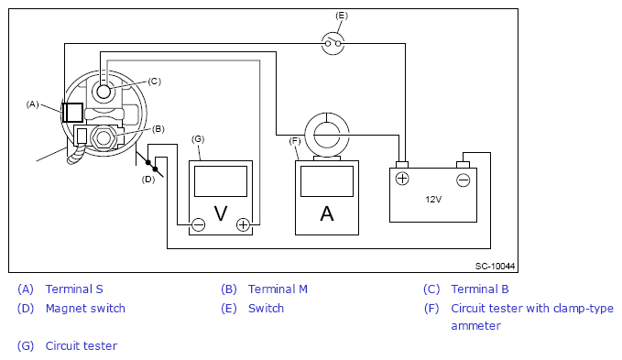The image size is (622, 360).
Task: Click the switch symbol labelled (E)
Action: pyautogui.click(x=333, y=43)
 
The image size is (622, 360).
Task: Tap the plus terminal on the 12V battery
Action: pyautogui.click(x=402, y=179)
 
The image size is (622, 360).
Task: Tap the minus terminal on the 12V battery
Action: pyautogui.click(x=463, y=180)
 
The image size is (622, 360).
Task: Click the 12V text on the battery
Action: pyautogui.click(x=433, y=200)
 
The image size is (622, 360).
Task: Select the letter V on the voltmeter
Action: pyautogui.click(x=221, y=213)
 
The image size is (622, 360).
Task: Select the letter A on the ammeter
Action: pyautogui.click(x=327, y=213)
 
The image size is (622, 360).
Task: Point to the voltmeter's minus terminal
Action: pyautogui.click(x=199, y=224)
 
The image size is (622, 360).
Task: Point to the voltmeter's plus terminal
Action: pyautogui.click(x=243, y=224)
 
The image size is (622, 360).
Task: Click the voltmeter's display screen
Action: pyautogui.click(x=221, y=181)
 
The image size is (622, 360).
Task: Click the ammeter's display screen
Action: pyautogui.click(x=327, y=181)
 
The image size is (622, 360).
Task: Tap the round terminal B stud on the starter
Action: pyautogui.click(x=104, y=92)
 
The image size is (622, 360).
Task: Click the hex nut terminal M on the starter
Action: pyautogui.click(x=104, y=138)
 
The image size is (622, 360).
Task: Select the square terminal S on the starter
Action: pyautogui.click(x=72, y=113)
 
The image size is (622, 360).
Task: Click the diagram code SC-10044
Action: pyautogui.click(x=495, y=266)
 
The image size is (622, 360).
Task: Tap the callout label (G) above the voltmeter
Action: pyautogui.click(x=198, y=139)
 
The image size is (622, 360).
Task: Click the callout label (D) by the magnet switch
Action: pyautogui.click(x=148, y=180)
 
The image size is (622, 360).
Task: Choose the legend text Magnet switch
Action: pyautogui.click(x=85, y=308)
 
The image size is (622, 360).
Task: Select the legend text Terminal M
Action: pyautogui.click(x=278, y=289)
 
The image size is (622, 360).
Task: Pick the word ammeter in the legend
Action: pyautogui.click(x=475, y=326)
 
